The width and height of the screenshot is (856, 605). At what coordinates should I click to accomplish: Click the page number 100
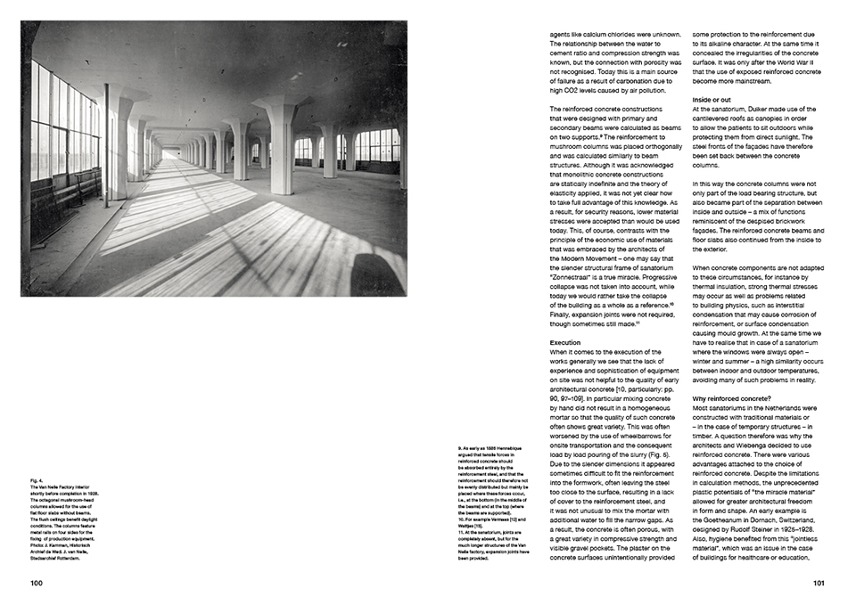point(36,584)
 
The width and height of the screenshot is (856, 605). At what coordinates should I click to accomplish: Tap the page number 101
point(819,584)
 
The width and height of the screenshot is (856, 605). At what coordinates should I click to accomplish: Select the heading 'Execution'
point(565,342)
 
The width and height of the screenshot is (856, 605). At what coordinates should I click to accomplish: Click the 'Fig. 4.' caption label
point(36,481)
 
